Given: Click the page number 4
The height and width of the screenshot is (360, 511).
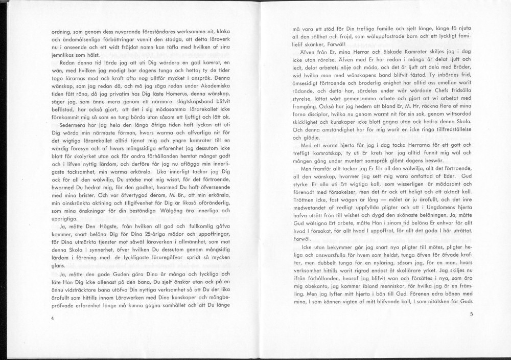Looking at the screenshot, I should [x=53, y=318].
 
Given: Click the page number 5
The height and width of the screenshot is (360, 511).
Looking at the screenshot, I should [x=471, y=314].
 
